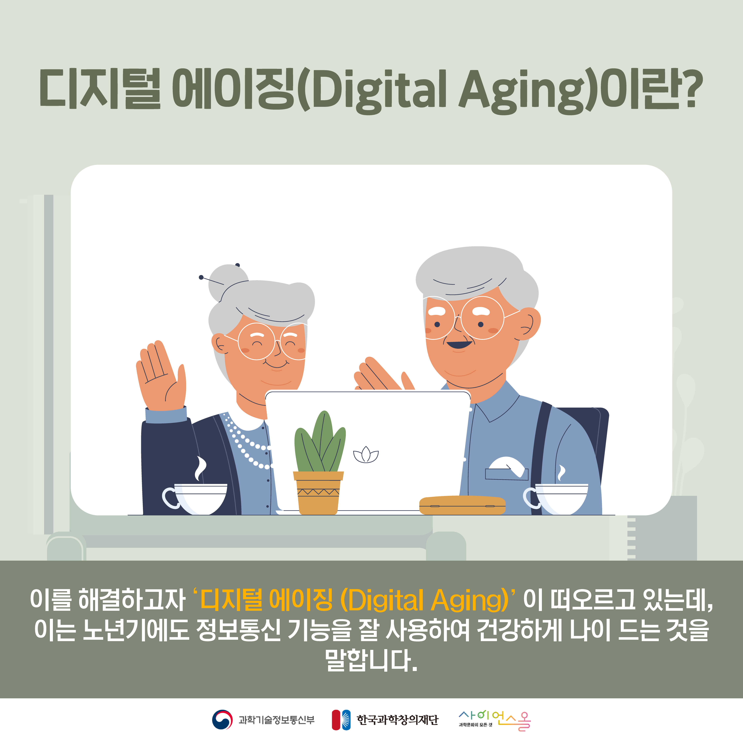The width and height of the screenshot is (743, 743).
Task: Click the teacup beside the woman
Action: [195, 499]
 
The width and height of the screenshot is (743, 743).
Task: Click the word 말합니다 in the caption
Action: [371, 660]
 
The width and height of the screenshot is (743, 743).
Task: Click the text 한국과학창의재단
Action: [398, 720]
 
